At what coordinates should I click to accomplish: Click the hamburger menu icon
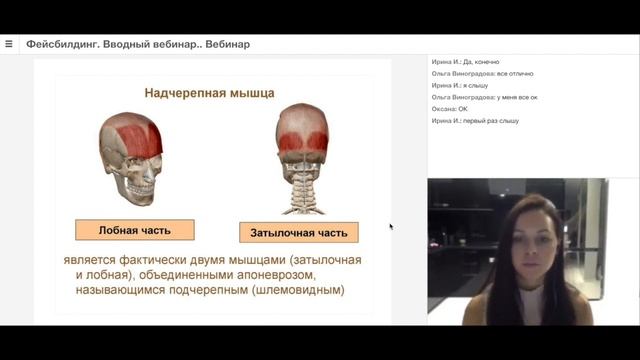pyautogui.click(x=9, y=44)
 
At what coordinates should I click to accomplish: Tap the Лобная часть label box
pyautogui.click(x=134, y=230)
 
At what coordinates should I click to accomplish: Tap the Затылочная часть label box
pyautogui.click(x=299, y=233)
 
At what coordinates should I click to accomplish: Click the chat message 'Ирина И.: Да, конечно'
pyautogui.click(x=466, y=62)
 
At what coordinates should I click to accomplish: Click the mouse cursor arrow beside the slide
pyautogui.click(x=390, y=226)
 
